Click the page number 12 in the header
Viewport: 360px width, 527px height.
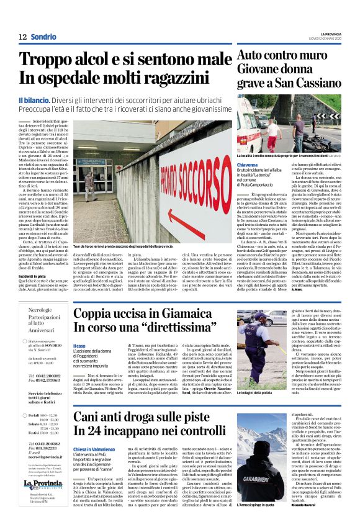coord(22,37)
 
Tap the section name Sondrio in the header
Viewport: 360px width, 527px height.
coord(44,37)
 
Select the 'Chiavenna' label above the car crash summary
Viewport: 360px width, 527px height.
coord(250,164)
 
